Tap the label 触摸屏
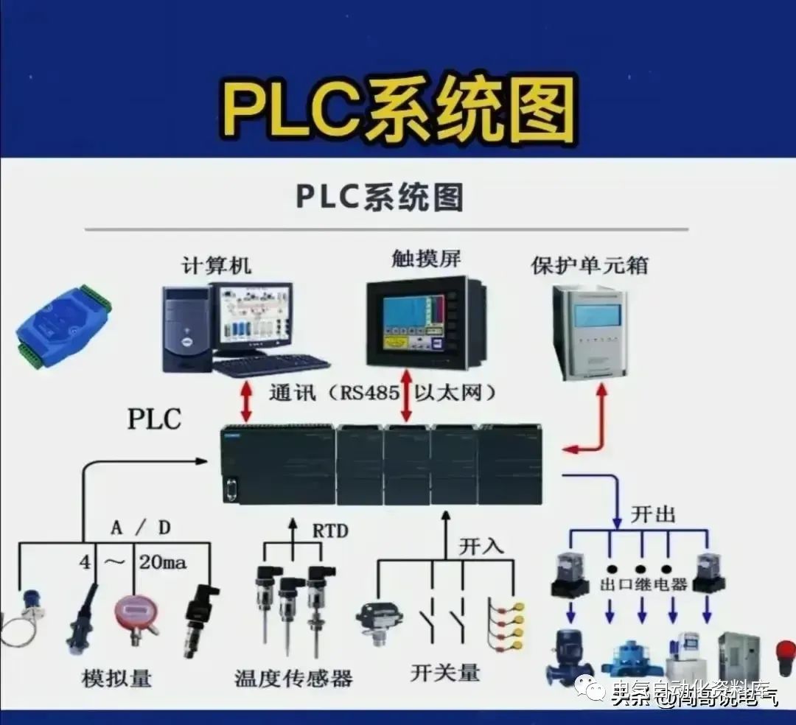[x=426, y=259]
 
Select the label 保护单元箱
[x=590, y=265]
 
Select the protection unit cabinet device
[x=590, y=333]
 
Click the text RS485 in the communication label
[x=369, y=393]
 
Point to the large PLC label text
[x=154, y=418]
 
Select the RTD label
[x=330, y=530]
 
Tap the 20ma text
[x=162, y=564]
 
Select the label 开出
[x=652, y=514]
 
